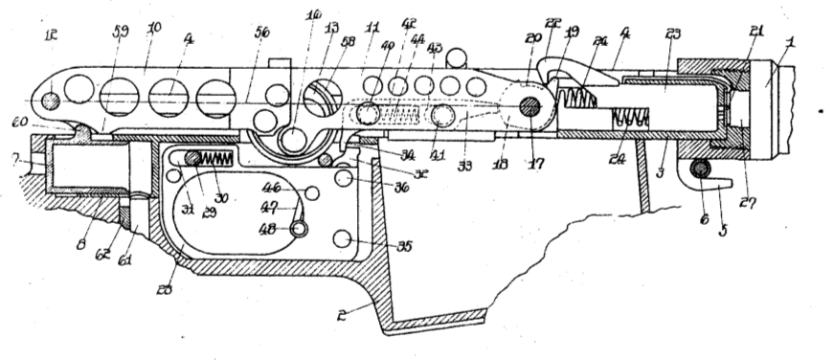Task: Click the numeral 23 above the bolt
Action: [672, 34]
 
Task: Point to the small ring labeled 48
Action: [301, 229]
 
